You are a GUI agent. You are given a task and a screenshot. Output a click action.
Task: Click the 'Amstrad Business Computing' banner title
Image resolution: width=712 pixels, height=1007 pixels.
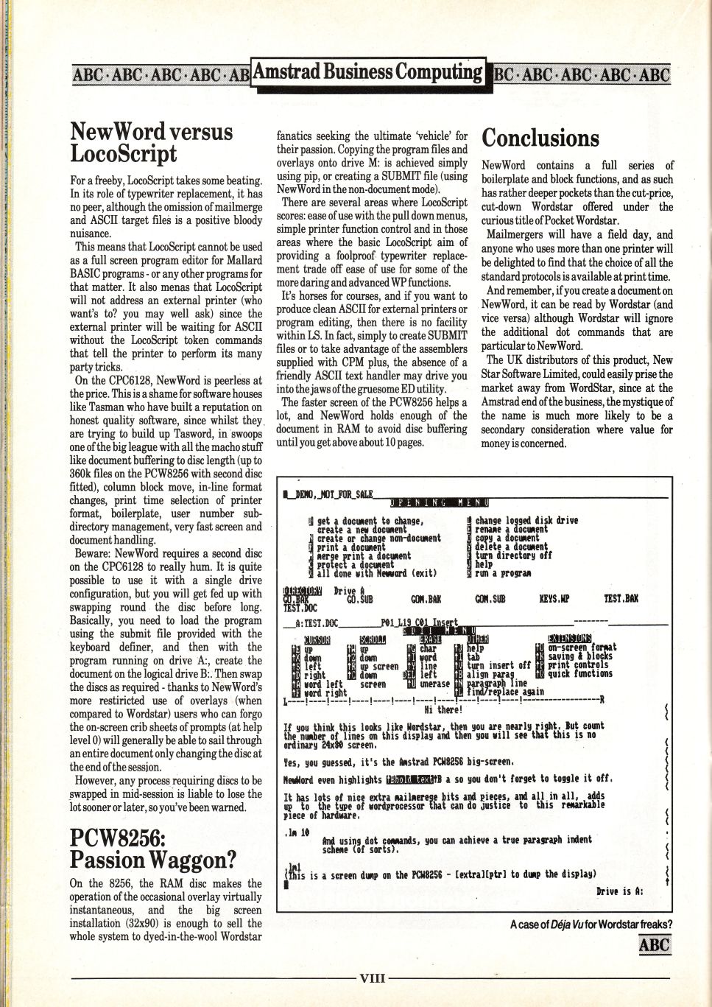click(367, 72)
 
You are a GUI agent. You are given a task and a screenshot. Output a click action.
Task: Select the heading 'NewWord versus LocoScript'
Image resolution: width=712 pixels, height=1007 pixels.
click(150, 142)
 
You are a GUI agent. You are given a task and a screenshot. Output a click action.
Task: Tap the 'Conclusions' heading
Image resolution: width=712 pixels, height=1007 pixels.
click(540, 138)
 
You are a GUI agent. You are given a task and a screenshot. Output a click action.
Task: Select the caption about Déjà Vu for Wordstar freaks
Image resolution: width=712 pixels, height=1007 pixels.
click(591, 924)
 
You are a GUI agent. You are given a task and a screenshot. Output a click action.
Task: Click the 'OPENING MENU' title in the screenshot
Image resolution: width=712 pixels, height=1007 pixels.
click(439, 502)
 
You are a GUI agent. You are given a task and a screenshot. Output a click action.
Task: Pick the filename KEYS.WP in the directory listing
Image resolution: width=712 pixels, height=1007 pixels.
click(553, 600)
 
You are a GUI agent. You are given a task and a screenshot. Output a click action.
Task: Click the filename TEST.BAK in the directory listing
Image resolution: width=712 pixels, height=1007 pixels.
click(620, 600)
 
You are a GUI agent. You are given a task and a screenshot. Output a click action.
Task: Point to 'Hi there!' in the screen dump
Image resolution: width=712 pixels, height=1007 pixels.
click(443, 709)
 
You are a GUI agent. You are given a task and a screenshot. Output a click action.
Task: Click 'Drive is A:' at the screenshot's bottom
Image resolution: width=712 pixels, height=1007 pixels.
click(620, 891)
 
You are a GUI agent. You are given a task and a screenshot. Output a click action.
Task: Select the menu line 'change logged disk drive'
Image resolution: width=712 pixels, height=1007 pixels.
click(526, 521)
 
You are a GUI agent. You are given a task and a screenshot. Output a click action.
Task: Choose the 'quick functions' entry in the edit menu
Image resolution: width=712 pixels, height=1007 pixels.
click(580, 674)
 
